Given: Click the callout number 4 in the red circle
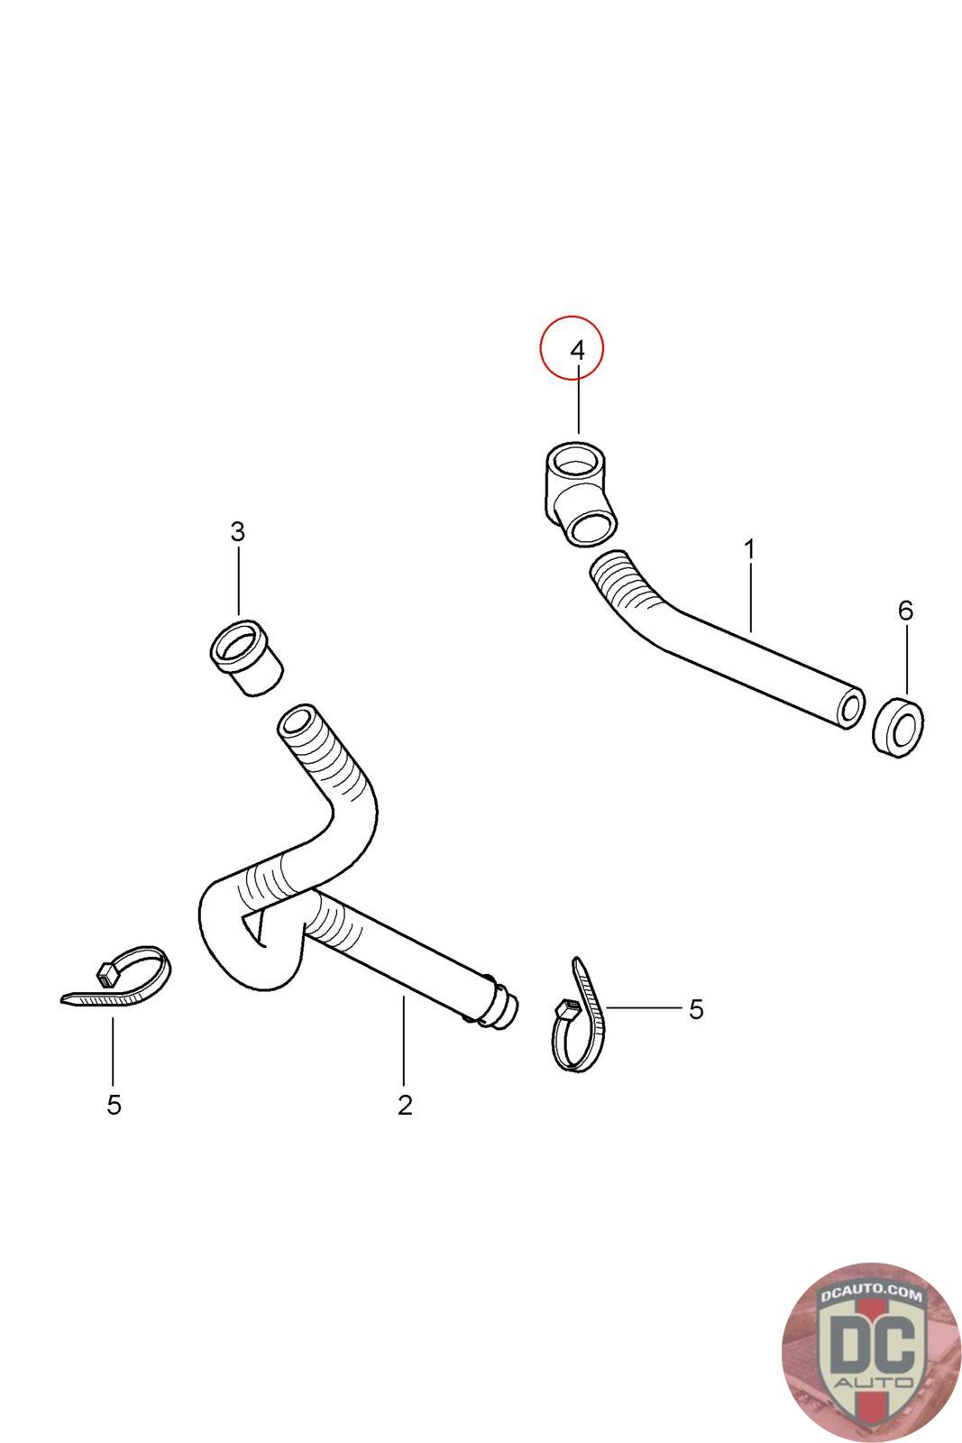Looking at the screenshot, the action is (578, 350).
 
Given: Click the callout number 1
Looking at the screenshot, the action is (749, 548).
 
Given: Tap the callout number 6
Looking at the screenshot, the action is (905, 611).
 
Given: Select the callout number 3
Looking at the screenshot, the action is (237, 532).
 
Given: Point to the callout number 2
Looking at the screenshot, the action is (405, 1105).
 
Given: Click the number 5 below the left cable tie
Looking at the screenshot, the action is (114, 1105).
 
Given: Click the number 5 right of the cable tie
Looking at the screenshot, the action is (695, 1010).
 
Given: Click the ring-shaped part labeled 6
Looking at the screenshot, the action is (898, 727).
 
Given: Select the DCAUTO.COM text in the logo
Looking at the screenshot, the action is (871, 1295).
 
